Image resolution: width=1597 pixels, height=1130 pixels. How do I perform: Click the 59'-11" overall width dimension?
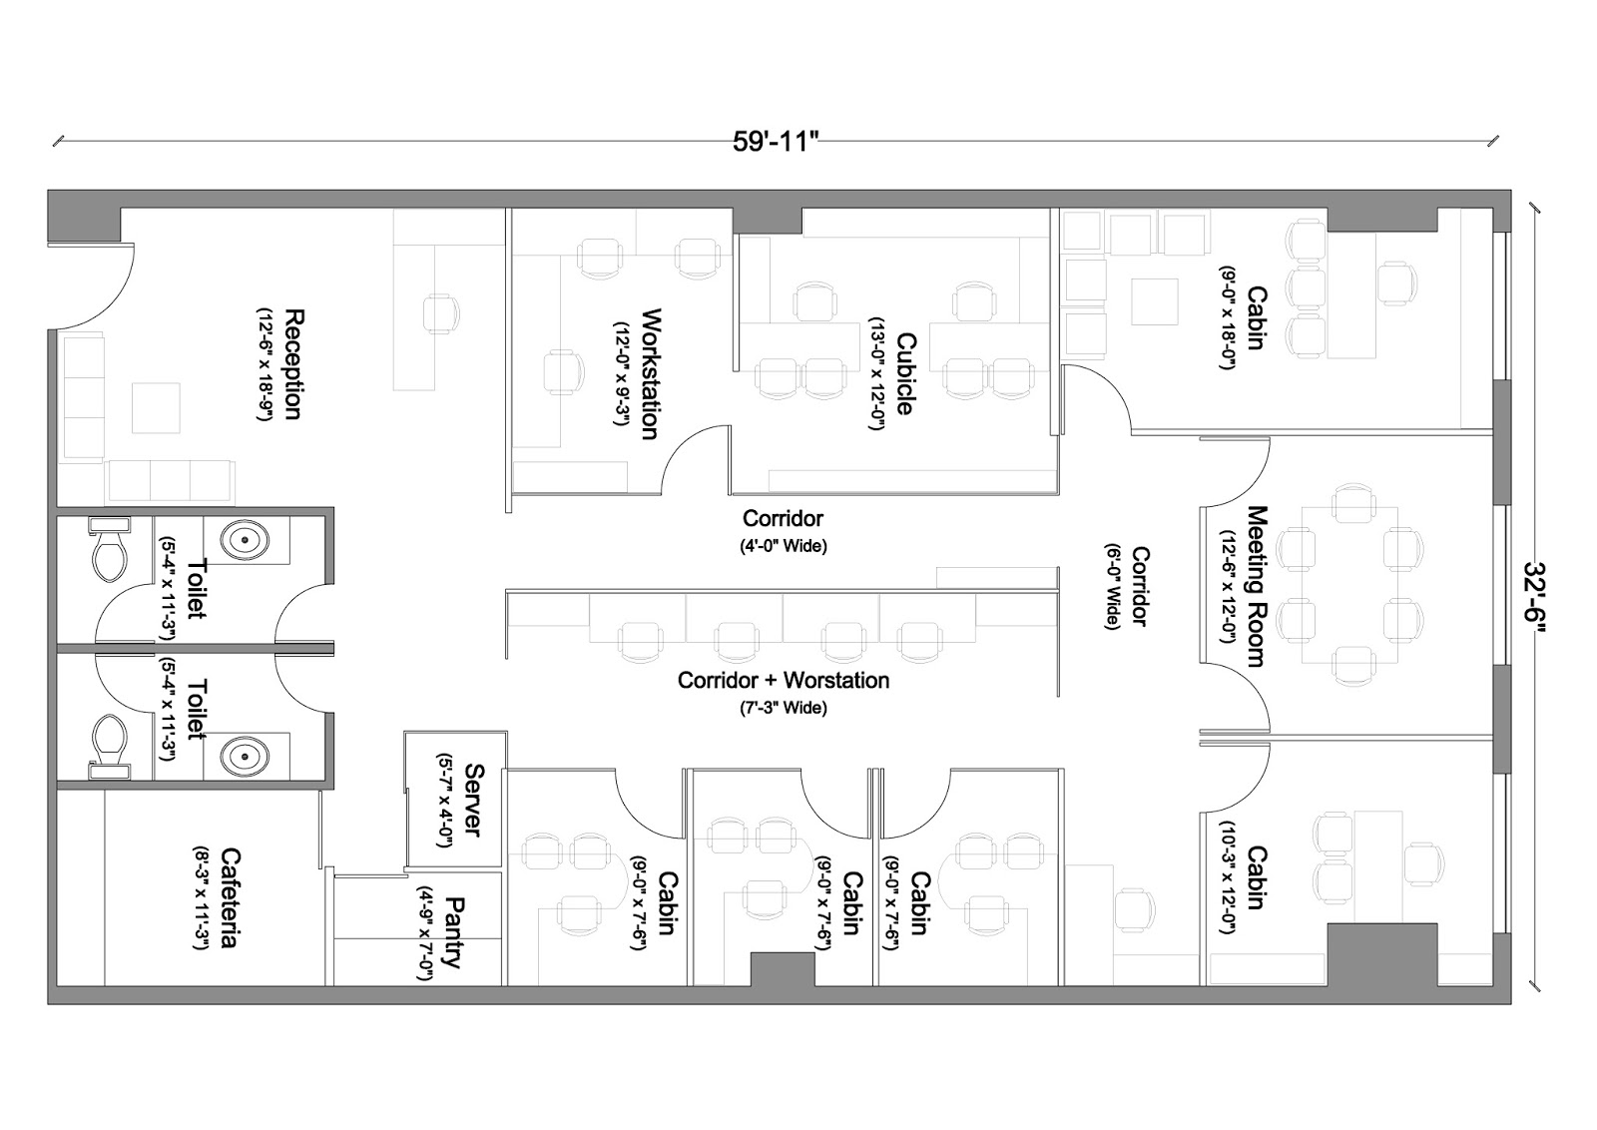[775, 142]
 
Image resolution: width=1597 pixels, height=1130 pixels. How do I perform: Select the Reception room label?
[293, 364]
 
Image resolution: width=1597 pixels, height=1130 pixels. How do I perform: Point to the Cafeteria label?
[229, 897]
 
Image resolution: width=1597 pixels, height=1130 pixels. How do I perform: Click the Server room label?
[474, 800]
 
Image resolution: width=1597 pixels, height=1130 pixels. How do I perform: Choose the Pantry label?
[454, 933]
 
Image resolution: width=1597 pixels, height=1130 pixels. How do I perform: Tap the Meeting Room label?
[1257, 586]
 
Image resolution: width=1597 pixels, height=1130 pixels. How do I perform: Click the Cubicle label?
[904, 373]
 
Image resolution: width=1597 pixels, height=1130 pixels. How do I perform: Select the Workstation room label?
[651, 373]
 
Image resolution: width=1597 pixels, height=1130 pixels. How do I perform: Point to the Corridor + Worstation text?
[784, 680]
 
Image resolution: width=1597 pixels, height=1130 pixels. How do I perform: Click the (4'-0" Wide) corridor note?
[784, 546]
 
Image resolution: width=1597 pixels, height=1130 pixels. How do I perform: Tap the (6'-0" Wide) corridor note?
[1112, 586]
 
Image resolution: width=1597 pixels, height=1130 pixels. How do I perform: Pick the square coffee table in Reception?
[156, 408]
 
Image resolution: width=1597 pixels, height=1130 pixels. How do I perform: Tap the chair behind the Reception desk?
[440, 313]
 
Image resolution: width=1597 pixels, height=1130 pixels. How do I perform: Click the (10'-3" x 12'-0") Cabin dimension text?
[1227, 877]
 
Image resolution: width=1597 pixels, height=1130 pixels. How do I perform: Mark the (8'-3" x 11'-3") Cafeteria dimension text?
[201, 897]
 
